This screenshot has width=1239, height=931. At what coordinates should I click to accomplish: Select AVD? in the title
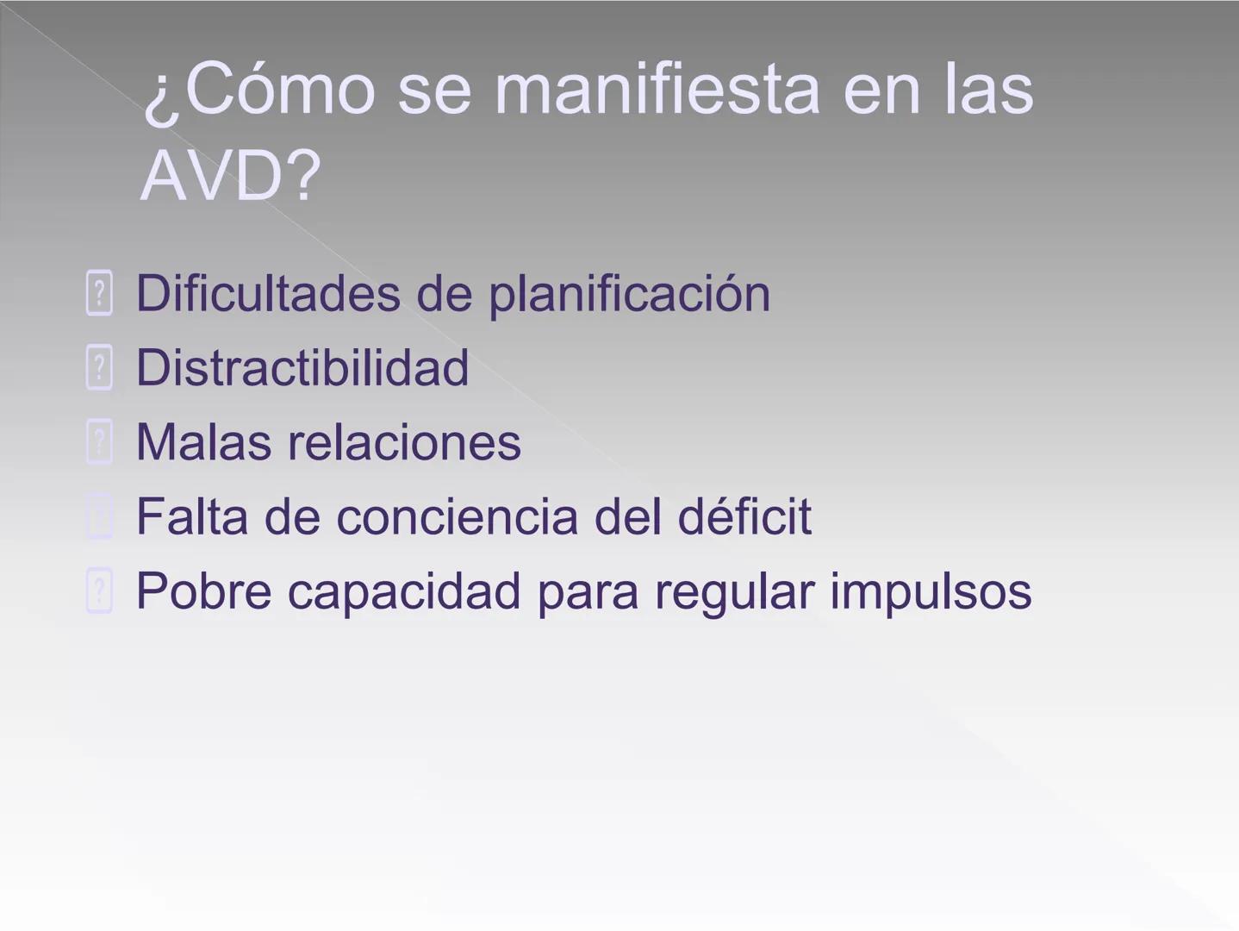pos(230,176)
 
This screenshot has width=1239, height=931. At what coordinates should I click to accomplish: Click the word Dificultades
pos(268,293)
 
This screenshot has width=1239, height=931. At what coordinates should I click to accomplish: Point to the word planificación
pos(629,295)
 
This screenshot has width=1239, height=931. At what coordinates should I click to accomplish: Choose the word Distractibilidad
pos(302,368)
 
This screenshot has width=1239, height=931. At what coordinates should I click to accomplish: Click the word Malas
pos(203,442)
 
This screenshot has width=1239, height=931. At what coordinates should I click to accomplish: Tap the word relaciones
pos(404,442)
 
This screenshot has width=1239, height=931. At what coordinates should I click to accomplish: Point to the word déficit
pos(744,516)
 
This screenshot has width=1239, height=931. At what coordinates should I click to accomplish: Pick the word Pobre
pos(203,591)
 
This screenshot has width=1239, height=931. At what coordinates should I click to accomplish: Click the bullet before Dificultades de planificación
pos(99,294)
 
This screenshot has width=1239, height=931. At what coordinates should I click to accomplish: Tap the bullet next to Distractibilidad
pos(99,368)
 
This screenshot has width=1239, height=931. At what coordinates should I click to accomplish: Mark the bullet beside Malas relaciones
pos(99,442)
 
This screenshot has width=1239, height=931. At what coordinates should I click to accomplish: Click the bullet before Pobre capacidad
pos(99,591)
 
